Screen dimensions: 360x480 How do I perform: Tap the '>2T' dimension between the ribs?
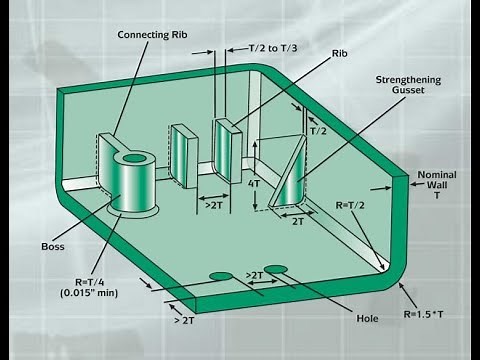(x=214, y=206)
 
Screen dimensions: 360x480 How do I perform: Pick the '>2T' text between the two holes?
(x=253, y=275)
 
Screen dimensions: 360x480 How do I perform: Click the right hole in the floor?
(x=276, y=269)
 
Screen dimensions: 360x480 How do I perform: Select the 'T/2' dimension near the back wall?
(x=318, y=131)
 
